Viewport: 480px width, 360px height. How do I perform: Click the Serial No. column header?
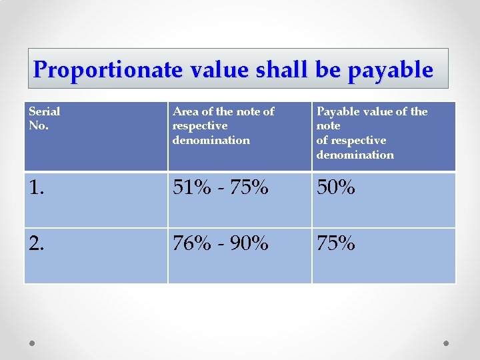click(x=44, y=118)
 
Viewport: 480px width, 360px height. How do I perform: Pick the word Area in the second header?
click(x=185, y=111)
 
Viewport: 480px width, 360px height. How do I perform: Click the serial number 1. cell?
click(x=37, y=189)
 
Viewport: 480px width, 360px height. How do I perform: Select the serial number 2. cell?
click(x=38, y=244)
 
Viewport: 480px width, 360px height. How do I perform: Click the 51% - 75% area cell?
click(x=220, y=189)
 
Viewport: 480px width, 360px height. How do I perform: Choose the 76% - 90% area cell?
click(x=220, y=244)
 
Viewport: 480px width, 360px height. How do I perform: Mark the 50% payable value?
click(x=336, y=189)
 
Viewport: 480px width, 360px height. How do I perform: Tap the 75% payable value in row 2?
click(x=336, y=244)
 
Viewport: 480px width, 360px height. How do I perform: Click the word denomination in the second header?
click(x=211, y=140)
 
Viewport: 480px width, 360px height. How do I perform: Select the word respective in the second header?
click(x=199, y=125)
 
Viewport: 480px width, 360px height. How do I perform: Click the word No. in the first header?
click(x=39, y=125)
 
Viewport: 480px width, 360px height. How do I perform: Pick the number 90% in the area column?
click(x=249, y=244)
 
